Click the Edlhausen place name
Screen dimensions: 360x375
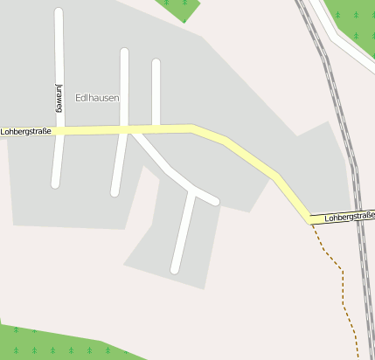coord(97,98)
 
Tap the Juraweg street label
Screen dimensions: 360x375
coord(59,98)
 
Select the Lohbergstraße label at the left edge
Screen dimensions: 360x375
coord(26,132)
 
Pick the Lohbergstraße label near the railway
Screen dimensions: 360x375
coord(348,216)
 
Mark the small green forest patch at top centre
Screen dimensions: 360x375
coord(181,8)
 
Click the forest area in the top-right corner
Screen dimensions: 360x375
coord(358,22)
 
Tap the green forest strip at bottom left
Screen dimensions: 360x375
coord(52,344)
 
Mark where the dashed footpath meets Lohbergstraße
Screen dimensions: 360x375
coord(311,222)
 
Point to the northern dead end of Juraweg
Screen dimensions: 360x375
coord(59,13)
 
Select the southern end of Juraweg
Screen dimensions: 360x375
coord(56,183)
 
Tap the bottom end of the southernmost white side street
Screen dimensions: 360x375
coord(176,269)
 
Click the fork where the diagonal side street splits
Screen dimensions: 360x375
coord(191,190)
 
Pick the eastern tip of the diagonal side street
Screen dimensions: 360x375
coord(214,201)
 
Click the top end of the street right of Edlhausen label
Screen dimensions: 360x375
coord(124,52)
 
